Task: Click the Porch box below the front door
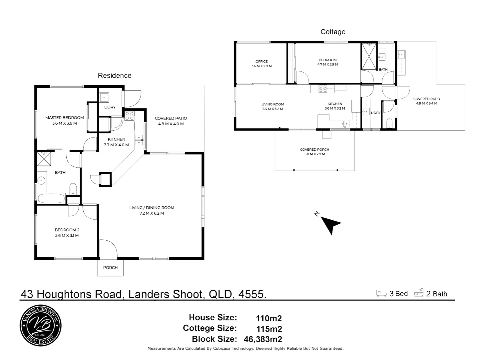pyautogui.click(x=110, y=268)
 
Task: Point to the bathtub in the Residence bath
pyautogui.click(x=51, y=199)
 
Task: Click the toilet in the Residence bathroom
pyautogui.click(x=73, y=189)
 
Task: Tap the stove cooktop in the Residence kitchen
pyautogui.click(x=129, y=116)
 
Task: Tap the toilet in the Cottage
pyautogui.click(x=389, y=123)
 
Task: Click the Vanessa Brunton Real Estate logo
pyautogui.click(x=41, y=326)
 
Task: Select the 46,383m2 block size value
pyautogui.click(x=263, y=339)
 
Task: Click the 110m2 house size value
pyautogui.click(x=268, y=318)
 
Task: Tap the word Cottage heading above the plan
pyautogui.click(x=333, y=32)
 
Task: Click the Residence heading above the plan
pyautogui.click(x=114, y=75)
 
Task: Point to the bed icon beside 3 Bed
pyautogui.click(x=381, y=293)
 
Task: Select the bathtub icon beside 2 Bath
pyautogui.click(x=419, y=293)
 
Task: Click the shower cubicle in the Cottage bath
pyautogui.click(x=369, y=56)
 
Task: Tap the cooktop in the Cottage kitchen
pyautogui.click(x=323, y=89)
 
